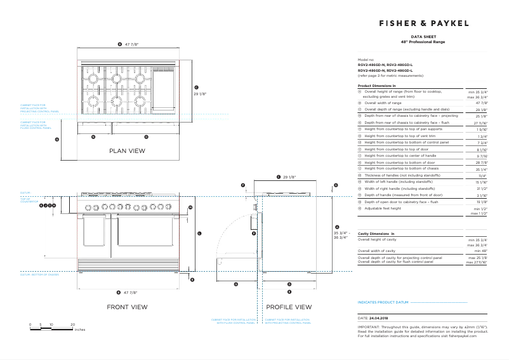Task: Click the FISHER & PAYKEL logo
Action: (x=423, y=23)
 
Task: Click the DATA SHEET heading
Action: (x=423, y=37)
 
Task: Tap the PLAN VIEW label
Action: (x=127, y=151)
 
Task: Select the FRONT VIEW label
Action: (x=127, y=307)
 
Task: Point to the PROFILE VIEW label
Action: (x=289, y=307)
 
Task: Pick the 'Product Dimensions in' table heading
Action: (x=377, y=85)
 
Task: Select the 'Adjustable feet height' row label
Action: (x=383, y=208)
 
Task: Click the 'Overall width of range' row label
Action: (x=383, y=102)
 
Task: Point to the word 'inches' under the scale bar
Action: (x=79, y=330)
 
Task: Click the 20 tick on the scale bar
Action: (x=72, y=324)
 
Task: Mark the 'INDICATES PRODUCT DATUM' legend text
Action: (x=383, y=302)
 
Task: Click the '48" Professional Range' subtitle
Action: (x=423, y=42)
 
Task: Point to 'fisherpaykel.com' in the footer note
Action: (x=462, y=335)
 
